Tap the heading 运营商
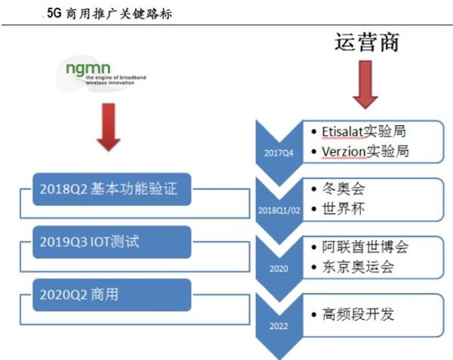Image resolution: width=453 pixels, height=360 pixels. [x=366, y=42]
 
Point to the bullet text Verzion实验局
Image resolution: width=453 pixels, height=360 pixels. [x=365, y=151]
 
